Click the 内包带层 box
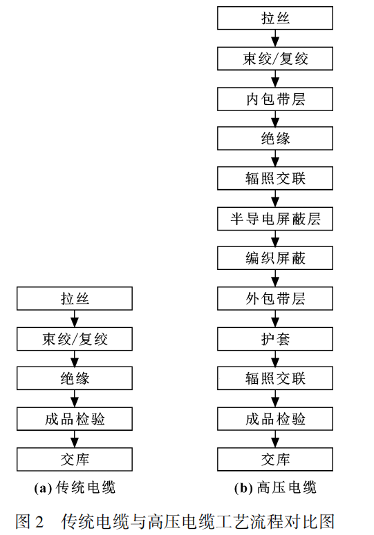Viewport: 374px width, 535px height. point(275,99)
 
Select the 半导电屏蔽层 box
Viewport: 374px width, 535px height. point(275,219)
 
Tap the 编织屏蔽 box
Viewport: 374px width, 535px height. point(275,259)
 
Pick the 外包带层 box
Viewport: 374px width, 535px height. point(275,299)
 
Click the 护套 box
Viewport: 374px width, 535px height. point(275,339)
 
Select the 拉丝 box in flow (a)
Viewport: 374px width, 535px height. point(75,299)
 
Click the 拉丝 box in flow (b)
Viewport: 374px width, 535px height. point(275,19)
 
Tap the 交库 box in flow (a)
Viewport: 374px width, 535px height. point(75,459)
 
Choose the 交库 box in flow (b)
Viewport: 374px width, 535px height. point(275,459)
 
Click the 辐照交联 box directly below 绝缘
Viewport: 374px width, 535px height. point(275,179)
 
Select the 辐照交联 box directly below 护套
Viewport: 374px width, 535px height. point(275,379)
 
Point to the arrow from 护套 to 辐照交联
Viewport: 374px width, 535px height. point(275,359)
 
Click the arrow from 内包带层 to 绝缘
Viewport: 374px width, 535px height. point(275,119)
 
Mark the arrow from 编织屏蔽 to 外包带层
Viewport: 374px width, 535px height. point(275,279)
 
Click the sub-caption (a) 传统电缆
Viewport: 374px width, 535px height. point(75,488)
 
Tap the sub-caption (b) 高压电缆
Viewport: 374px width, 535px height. point(275,488)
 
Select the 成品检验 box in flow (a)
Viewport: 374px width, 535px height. point(75,419)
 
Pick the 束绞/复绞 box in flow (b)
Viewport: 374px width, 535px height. point(275,59)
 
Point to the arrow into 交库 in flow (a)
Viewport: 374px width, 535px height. point(75,439)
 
